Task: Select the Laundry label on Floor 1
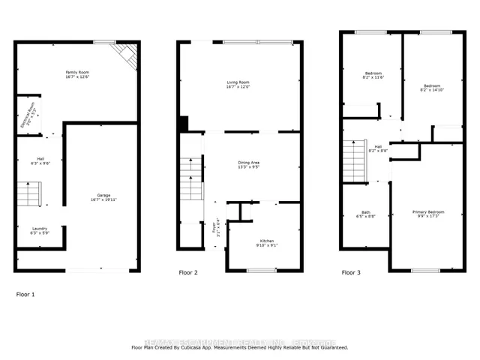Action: click(x=40, y=231)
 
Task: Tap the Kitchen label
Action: click(x=267, y=243)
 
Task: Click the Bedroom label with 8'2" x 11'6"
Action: click(x=373, y=76)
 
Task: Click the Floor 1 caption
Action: click(x=25, y=295)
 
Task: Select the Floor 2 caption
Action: click(x=188, y=273)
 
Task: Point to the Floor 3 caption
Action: click(x=350, y=273)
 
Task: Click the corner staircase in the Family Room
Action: click(x=125, y=55)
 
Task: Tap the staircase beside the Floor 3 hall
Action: click(x=353, y=161)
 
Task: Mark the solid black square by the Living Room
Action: click(x=183, y=124)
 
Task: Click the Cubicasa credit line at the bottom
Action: click(x=240, y=348)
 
